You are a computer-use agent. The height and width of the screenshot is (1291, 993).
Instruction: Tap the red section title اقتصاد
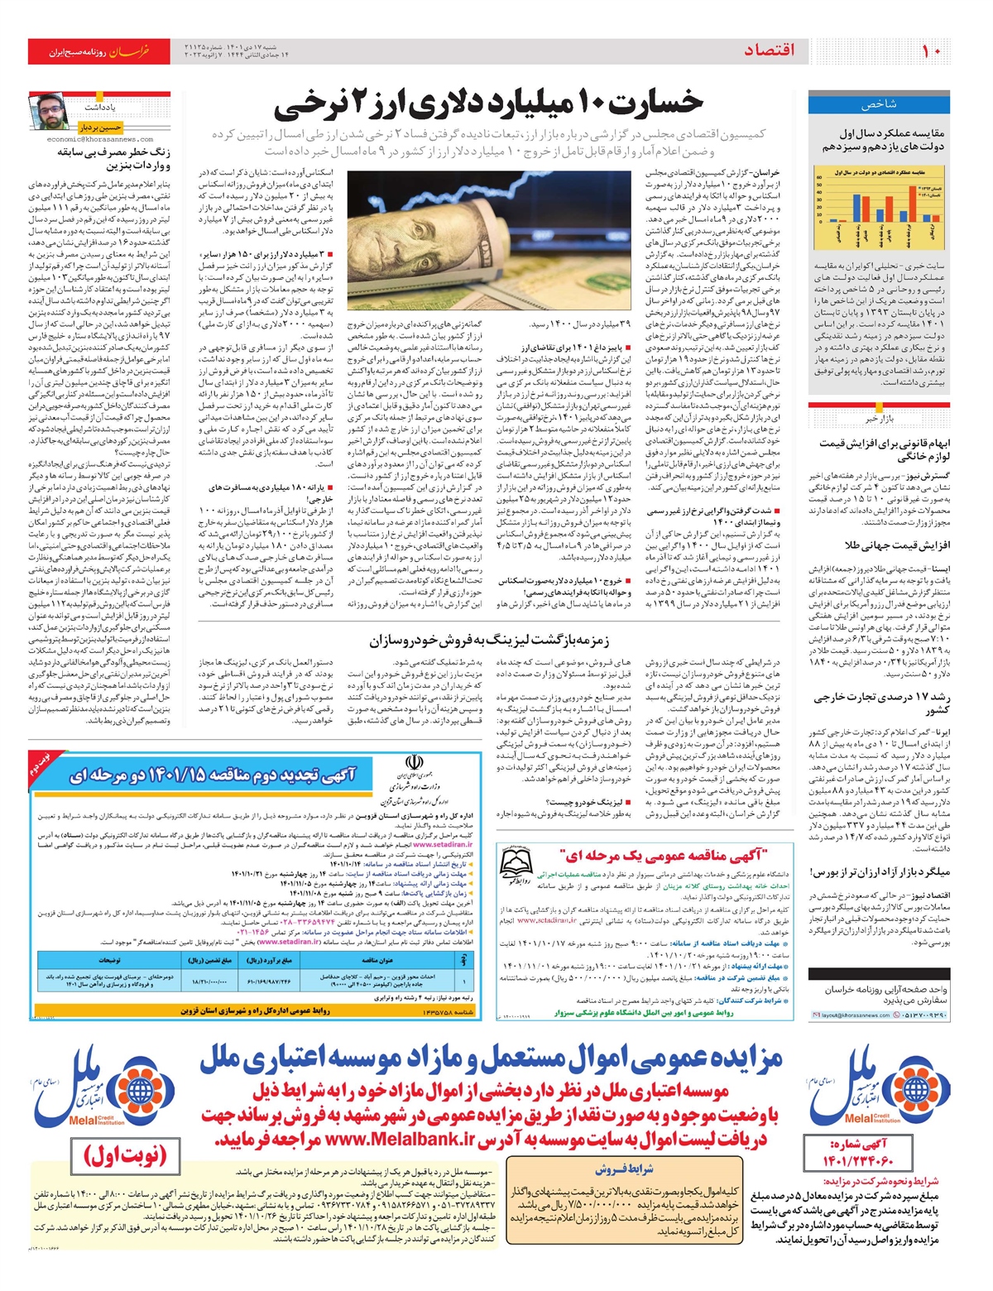click(x=769, y=50)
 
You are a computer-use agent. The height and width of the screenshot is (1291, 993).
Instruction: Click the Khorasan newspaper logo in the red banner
click(x=131, y=51)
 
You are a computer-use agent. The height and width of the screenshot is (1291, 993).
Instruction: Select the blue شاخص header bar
click(x=879, y=104)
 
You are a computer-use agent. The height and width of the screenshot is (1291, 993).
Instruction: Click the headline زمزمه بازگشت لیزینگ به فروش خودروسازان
click(x=489, y=641)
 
